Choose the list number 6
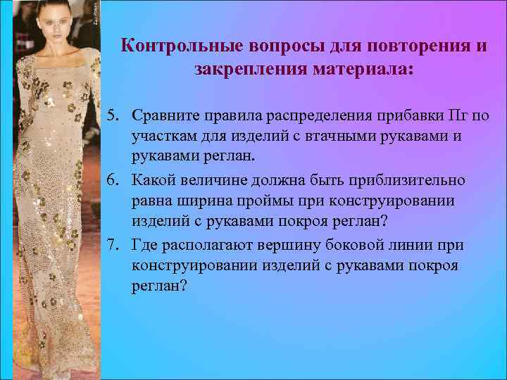click(x=113, y=180)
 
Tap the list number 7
click(x=113, y=245)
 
